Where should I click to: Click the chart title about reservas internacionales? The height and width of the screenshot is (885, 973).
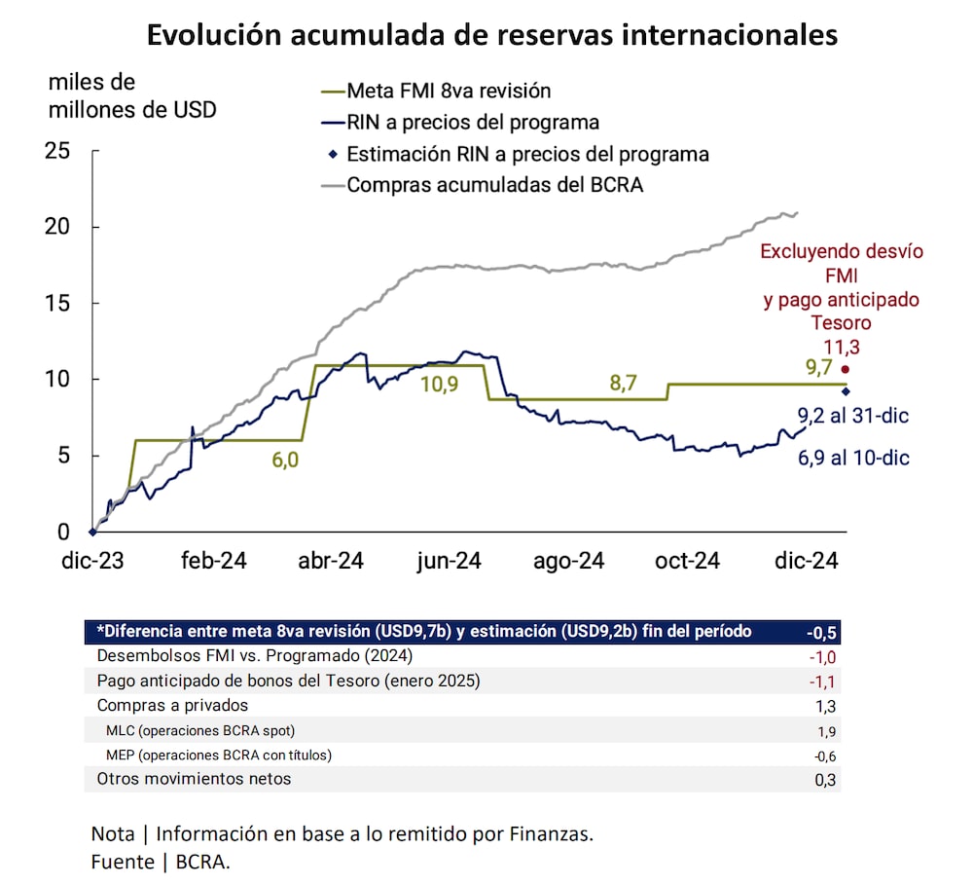click(491, 35)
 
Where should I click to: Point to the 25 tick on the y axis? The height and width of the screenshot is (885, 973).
click(57, 151)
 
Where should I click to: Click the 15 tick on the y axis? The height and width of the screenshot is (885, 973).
click(57, 304)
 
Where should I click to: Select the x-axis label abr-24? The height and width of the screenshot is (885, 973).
click(331, 561)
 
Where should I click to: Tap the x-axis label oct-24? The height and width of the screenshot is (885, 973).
click(687, 561)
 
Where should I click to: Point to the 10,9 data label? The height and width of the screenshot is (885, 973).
click(441, 384)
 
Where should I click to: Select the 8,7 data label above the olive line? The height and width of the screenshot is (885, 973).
click(623, 385)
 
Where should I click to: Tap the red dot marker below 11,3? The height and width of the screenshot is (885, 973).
click(845, 369)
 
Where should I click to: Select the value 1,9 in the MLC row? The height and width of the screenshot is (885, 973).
click(826, 731)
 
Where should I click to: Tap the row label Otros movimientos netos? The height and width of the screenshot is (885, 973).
click(194, 779)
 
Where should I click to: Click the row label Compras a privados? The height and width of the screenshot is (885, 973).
click(173, 705)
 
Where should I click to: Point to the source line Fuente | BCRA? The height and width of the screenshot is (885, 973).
click(161, 861)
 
